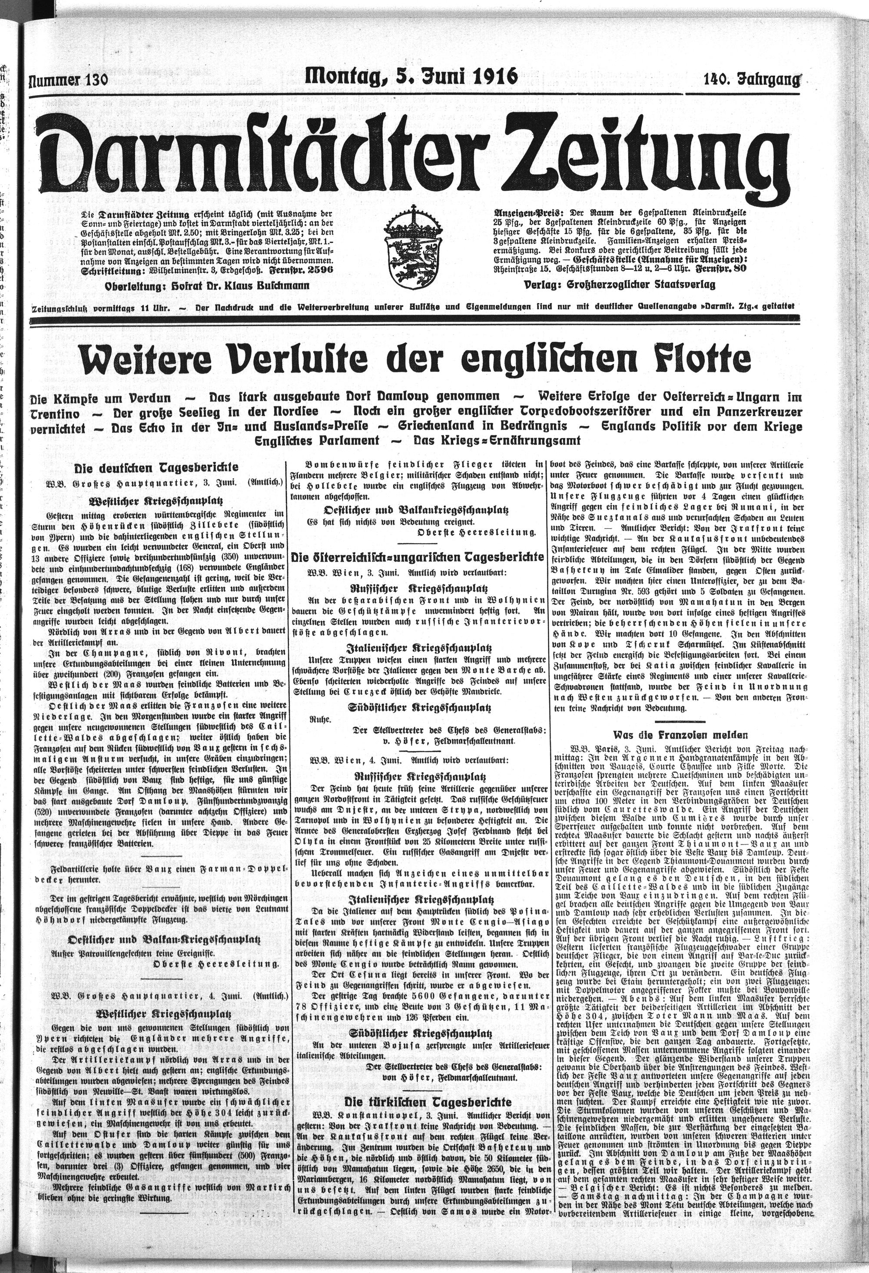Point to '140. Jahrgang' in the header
click(751, 80)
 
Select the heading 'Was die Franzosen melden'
click(680, 733)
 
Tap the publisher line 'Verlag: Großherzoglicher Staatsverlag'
click(619, 285)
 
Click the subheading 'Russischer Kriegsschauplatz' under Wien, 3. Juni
click(418, 587)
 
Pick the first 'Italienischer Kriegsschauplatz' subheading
click(418, 646)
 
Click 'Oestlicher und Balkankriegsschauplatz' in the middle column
click(418, 510)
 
